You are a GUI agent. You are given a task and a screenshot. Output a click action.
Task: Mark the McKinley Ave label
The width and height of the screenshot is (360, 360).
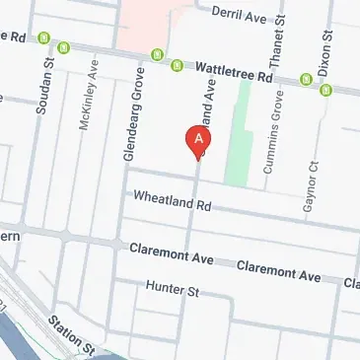(90, 95)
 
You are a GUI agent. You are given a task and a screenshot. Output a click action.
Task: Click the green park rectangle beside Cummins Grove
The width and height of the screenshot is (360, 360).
(236, 143)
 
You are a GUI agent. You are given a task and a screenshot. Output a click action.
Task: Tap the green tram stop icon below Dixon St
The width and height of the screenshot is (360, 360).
(324, 91)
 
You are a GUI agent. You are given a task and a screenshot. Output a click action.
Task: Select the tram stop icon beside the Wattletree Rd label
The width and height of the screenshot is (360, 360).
(178, 66)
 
